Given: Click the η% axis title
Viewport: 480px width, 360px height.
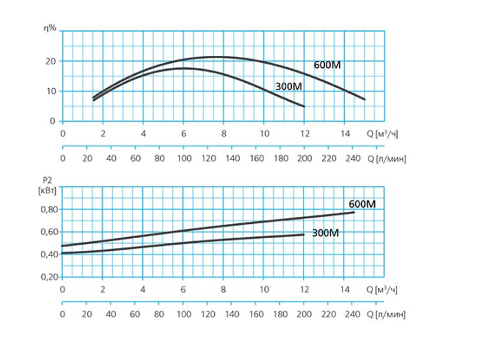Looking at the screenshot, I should point(52,28).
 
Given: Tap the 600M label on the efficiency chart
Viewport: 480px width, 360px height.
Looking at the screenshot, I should point(327,65).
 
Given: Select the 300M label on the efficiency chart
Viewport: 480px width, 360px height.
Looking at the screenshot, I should point(288,86).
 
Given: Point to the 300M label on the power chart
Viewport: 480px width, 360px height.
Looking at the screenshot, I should point(326,233).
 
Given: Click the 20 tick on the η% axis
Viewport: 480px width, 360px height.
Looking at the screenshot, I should point(50,61).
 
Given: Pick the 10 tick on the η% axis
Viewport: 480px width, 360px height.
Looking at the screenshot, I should point(50,91).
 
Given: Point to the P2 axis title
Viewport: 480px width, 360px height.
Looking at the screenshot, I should point(49,178).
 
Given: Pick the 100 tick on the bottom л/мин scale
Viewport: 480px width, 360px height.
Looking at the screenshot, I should point(184,313).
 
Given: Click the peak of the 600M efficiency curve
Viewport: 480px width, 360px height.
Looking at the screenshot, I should point(215,57).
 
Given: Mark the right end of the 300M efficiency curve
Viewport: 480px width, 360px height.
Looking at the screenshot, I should point(304,106).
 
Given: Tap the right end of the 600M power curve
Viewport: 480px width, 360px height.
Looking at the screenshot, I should point(354,212).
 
